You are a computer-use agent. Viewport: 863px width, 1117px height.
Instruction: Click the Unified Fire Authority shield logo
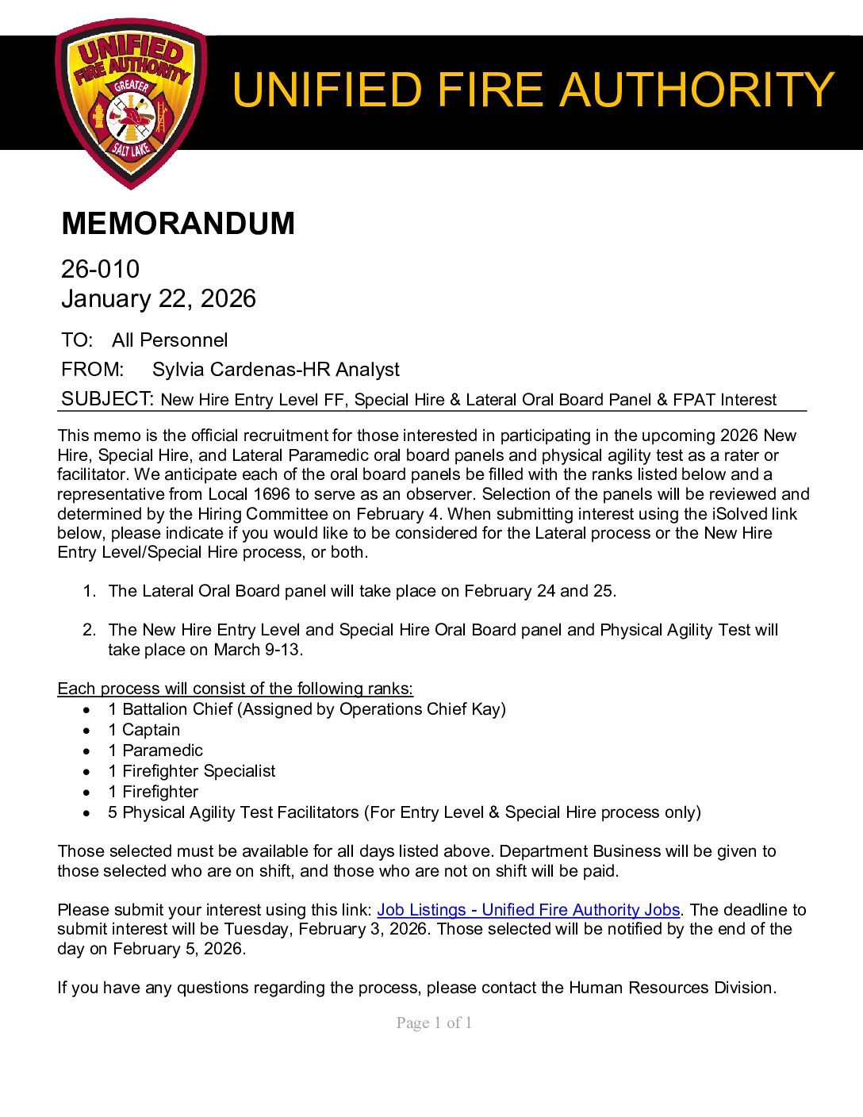click(x=131, y=104)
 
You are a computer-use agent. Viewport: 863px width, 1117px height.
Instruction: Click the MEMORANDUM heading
click(x=178, y=224)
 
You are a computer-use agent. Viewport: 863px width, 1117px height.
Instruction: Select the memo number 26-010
click(x=100, y=270)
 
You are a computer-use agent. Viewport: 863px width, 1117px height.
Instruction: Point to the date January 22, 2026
click(x=159, y=299)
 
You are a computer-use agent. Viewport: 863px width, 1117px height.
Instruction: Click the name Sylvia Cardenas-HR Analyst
click(x=275, y=370)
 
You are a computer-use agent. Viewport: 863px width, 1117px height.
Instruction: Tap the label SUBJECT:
click(x=107, y=399)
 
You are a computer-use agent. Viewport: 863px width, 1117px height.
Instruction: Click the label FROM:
click(x=92, y=370)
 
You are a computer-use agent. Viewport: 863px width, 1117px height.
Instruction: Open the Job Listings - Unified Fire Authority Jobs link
click(x=528, y=910)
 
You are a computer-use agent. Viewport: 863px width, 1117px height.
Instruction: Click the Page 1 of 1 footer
click(x=434, y=1023)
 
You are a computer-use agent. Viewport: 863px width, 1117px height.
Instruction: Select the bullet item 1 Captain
click(x=144, y=730)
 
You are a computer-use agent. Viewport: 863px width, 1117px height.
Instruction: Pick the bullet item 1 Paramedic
click(x=155, y=750)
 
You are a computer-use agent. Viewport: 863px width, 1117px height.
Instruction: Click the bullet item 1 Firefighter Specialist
click(x=192, y=771)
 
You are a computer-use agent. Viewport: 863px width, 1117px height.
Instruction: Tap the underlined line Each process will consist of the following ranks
click(x=236, y=689)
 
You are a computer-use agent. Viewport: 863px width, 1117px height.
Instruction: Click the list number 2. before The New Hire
click(x=90, y=630)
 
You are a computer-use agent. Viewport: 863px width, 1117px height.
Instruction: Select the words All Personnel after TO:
click(x=170, y=340)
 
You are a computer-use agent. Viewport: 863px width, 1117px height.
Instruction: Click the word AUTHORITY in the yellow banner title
click(x=697, y=90)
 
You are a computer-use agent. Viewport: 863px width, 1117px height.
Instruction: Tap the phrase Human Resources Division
click(x=671, y=988)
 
